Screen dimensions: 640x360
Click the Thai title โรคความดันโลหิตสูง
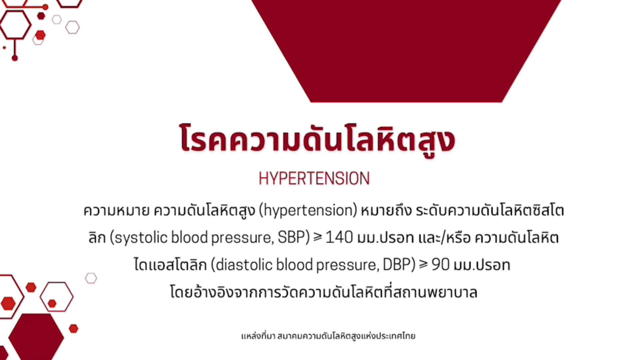tap(317, 139)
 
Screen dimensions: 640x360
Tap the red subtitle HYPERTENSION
tap(314, 179)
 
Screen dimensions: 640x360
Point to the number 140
tap(339, 237)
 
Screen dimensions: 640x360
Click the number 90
tap(440, 265)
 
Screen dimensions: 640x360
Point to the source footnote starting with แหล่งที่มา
tap(328, 336)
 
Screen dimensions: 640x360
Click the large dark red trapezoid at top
tap(406, 50)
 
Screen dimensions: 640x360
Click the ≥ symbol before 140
tap(318, 237)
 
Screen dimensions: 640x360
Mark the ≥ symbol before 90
tap(423, 264)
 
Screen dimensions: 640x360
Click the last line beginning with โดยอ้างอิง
tap(324, 292)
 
